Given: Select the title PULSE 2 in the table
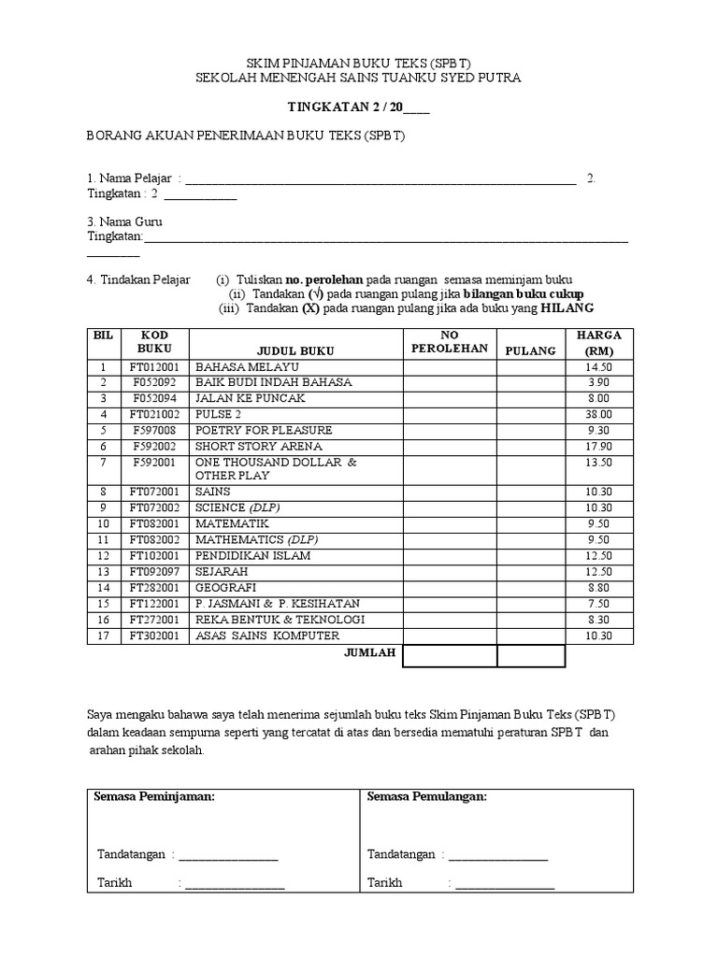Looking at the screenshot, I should coord(218,414).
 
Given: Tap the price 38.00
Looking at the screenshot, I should coord(598,414).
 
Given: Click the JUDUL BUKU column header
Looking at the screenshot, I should coord(295,350).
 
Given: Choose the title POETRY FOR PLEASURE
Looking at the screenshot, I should coord(263,430).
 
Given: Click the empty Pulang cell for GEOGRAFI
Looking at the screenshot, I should coord(530,588).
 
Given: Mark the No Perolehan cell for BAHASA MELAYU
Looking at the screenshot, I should coord(449,367).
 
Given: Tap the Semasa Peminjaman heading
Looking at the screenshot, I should coord(154,796).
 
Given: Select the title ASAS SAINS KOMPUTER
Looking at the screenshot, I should coord(266,636).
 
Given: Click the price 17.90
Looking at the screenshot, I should coord(598,446).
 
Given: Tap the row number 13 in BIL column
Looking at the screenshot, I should coord(105,572).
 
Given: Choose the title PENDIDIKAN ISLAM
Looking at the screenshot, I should coord(252,556).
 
